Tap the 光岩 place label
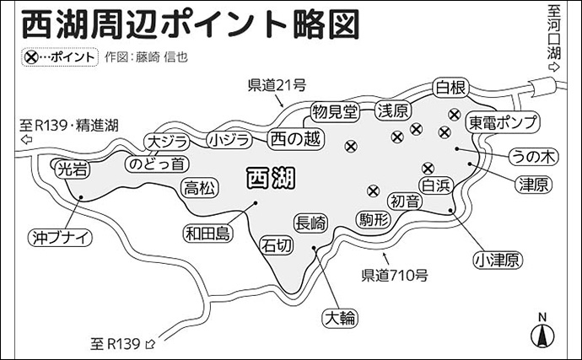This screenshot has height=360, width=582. tap(70, 169)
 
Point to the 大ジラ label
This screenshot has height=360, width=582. tap(166, 141)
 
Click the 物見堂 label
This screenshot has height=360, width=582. tap(335, 111)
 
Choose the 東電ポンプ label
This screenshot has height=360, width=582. tap(504, 122)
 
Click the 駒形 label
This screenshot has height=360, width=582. tap(374, 220)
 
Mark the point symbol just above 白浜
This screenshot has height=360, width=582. tap(428, 167)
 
